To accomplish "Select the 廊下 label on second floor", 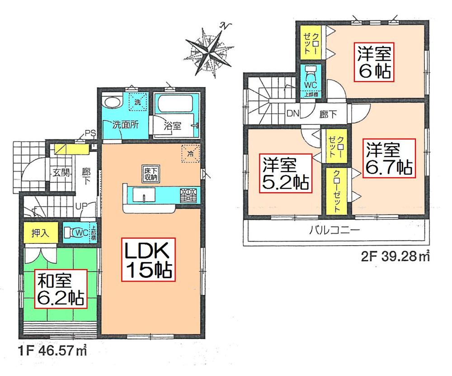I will (x=325, y=114).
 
